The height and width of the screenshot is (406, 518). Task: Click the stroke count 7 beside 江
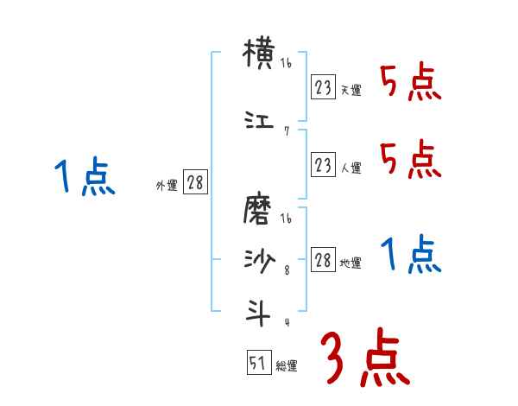[x=286, y=131]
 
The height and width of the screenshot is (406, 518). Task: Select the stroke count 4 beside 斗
[x=286, y=321]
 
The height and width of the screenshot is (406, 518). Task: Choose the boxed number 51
[x=257, y=364]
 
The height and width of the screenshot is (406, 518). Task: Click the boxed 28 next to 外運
[x=194, y=183]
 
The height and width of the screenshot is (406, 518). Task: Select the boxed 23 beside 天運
[x=323, y=88]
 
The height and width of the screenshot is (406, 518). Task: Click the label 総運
[x=287, y=366]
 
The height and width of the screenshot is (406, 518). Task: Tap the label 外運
[x=166, y=185]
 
